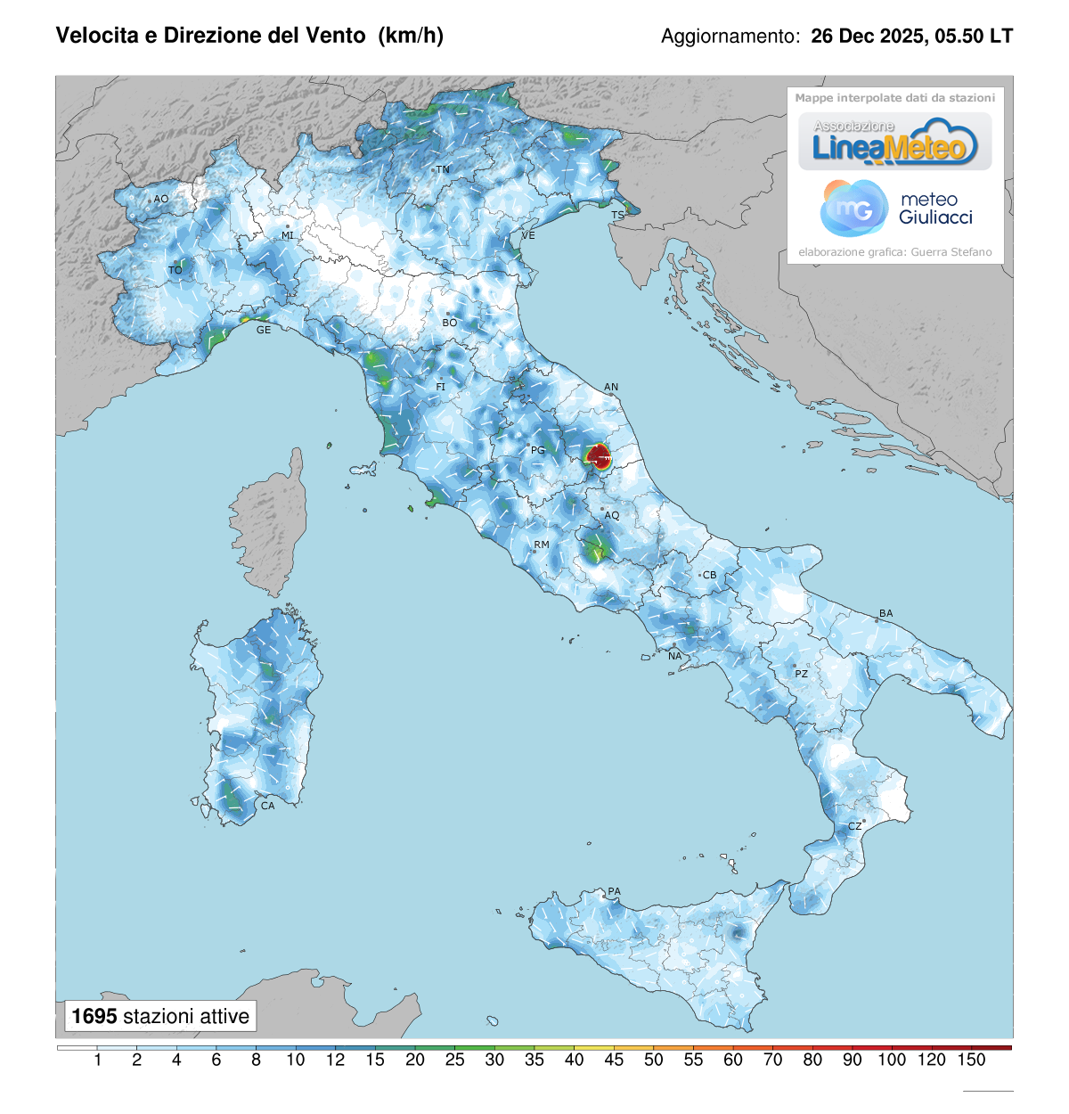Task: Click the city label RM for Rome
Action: pos(542,545)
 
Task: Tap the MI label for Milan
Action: pos(288,235)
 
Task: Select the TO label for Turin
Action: pos(175,270)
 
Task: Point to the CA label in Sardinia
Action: pos(267,806)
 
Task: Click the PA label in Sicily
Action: pos(614,891)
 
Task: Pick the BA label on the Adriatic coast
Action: pos(885,613)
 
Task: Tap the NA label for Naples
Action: pos(674,656)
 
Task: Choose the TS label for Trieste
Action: pos(617,216)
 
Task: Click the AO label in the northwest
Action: pos(161,199)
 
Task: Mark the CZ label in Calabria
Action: pos(854,826)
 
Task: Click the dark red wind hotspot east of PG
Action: pos(600,457)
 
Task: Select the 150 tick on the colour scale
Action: pos(971,1060)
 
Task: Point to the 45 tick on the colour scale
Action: pos(614,1060)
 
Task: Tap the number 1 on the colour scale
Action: pos(97,1060)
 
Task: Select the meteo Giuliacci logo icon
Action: pos(853,209)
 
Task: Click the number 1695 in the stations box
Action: pos(94,1016)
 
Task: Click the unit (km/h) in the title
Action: pos(411,35)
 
